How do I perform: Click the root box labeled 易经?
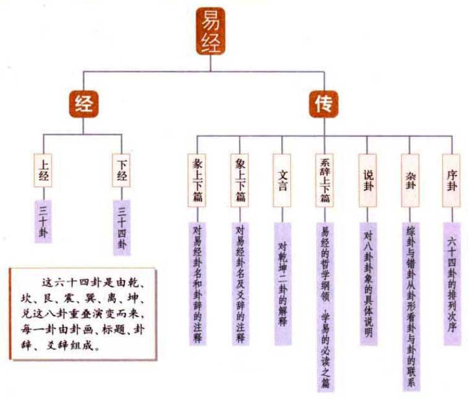[x=209, y=31]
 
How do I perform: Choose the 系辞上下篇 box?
[x=324, y=179]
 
